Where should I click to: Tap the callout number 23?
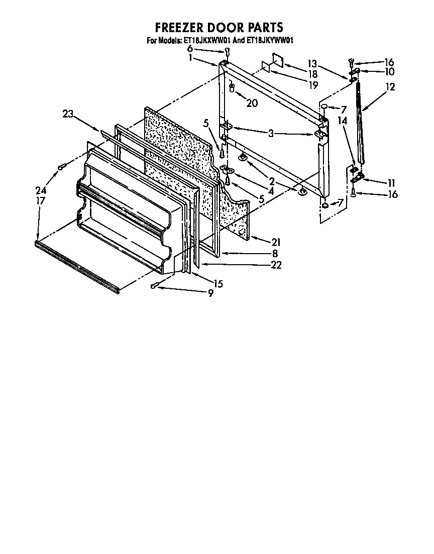[68, 114]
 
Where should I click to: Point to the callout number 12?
[390, 87]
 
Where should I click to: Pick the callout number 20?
[252, 103]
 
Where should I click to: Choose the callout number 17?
[41, 200]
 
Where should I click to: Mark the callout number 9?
[210, 293]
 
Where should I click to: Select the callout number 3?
[271, 133]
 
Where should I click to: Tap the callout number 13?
[312, 63]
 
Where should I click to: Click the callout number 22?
[276, 265]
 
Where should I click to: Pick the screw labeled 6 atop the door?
[228, 51]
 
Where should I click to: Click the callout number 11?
[391, 182]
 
